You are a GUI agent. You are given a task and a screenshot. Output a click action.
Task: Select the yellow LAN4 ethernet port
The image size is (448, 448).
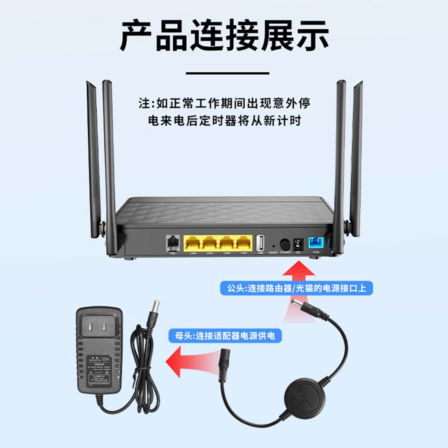(193, 243)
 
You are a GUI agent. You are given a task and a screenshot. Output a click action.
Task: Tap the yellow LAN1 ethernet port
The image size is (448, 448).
(244, 243)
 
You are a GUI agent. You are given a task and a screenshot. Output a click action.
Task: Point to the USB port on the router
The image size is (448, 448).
(260, 243)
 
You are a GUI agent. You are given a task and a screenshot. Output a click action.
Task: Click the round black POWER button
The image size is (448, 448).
(285, 244)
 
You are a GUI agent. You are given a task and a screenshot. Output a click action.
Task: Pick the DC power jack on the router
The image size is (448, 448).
(298, 243)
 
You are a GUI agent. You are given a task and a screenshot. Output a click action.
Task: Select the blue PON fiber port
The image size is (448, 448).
(316, 243)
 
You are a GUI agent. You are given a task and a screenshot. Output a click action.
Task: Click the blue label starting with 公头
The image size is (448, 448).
(296, 288)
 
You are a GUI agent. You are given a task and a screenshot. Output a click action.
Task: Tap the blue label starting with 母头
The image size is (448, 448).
(225, 336)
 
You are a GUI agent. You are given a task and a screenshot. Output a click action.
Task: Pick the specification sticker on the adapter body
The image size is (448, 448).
(99, 369)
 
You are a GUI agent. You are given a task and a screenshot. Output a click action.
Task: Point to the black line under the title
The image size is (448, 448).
(227, 73)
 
